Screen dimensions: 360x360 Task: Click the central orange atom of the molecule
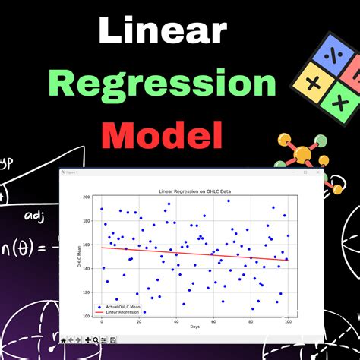[x=302, y=156]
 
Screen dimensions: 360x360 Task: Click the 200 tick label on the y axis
[x=87, y=197]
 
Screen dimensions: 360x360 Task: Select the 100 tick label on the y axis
[x=87, y=316]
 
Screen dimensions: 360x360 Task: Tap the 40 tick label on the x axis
[x=176, y=322]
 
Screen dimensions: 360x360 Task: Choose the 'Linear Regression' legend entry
[x=122, y=312]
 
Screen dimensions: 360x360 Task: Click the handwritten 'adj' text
[x=34, y=218]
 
